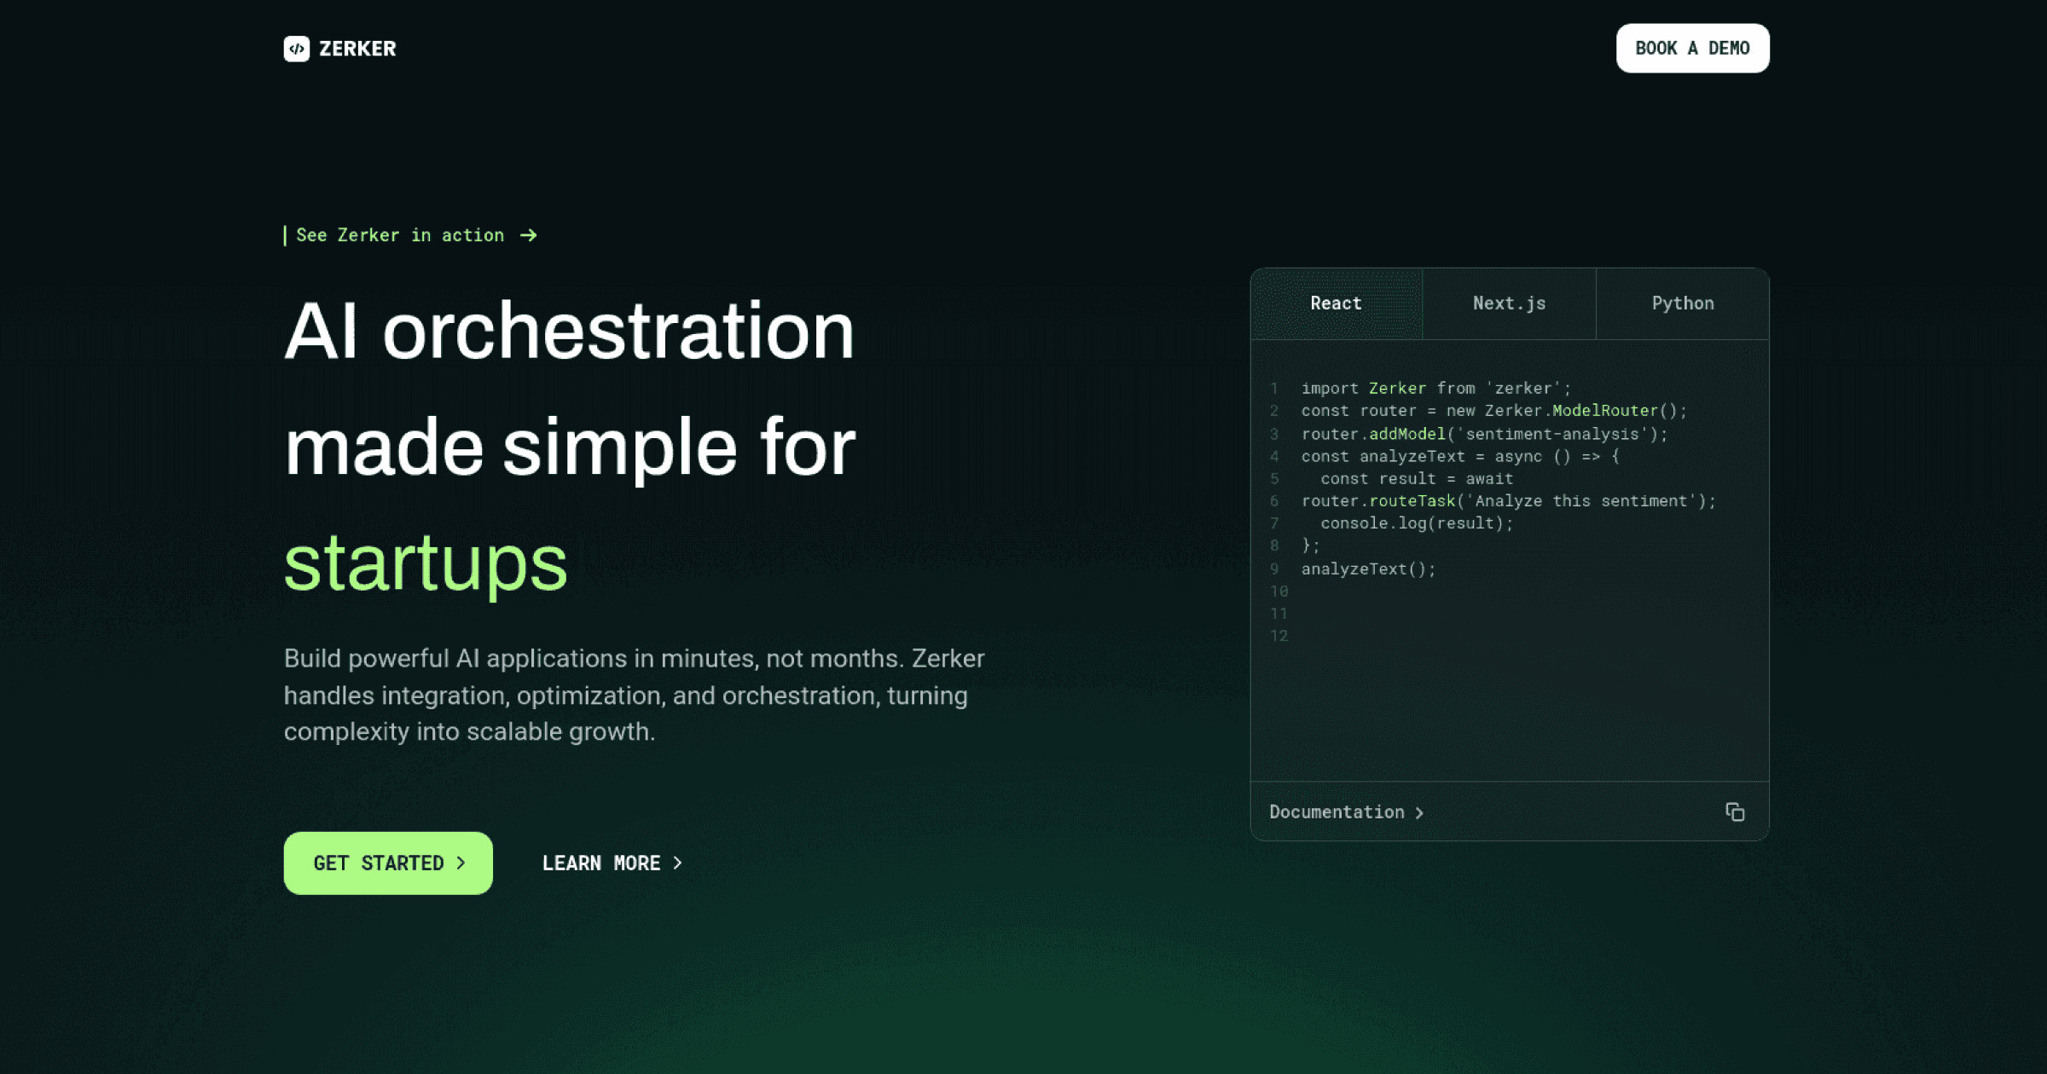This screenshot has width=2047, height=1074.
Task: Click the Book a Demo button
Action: coord(1692,49)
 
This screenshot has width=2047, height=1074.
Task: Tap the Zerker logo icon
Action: coord(296,49)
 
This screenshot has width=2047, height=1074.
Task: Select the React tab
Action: coord(1336,303)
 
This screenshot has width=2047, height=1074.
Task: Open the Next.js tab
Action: coord(1509,303)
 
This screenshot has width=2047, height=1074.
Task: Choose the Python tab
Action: coord(1682,303)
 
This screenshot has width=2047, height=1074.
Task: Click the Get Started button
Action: coord(388,863)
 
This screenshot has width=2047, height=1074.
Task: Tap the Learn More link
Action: coord(612,863)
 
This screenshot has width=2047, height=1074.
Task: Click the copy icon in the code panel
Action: coord(1735,811)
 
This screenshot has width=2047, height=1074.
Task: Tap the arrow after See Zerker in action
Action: coord(529,235)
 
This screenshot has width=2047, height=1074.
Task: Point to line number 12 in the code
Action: coord(1279,636)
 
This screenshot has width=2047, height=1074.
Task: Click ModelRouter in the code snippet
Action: coord(1604,411)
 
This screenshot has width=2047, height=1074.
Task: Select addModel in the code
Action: coord(1407,434)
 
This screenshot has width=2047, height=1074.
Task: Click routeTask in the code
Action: coord(1412,501)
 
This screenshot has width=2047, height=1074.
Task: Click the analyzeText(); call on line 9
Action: coord(1368,569)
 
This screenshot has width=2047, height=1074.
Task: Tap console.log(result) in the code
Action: coord(1416,523)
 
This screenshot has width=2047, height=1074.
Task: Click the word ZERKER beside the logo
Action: coord(357,49)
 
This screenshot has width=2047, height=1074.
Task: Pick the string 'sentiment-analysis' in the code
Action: coord(1552,434)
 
